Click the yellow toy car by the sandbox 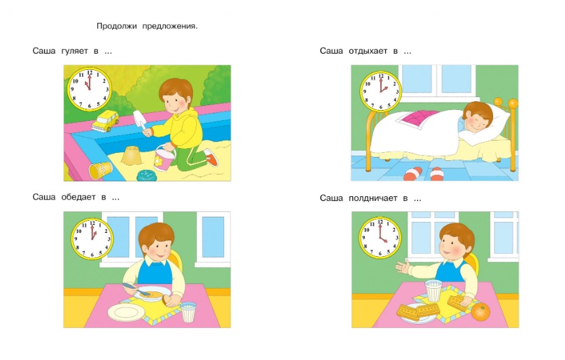click(x=105, y=121)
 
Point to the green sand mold click(x=146, y=175)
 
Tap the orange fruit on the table click(x=480, y=311)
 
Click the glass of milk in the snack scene click(x=433, y=291)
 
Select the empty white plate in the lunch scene click(x=126, y=312)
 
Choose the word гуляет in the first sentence click(x=75, y=51)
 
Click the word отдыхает click(x=368, y=51)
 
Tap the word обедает click(x=78, y=197)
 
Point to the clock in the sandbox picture click(x=90, y=89)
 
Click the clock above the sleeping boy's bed click(x=380, y=91)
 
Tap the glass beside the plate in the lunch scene click(x=188, y=312)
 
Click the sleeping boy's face click(x=476, y=122)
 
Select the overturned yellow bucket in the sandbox click(x=101, y=170)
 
